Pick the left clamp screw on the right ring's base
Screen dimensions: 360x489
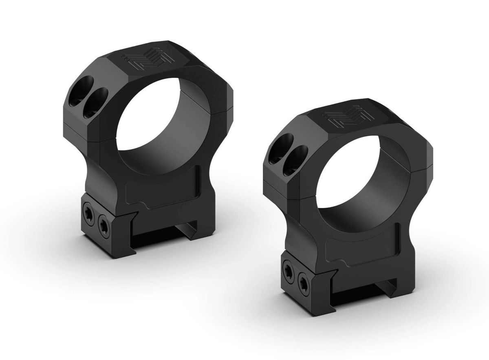point(288,271)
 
